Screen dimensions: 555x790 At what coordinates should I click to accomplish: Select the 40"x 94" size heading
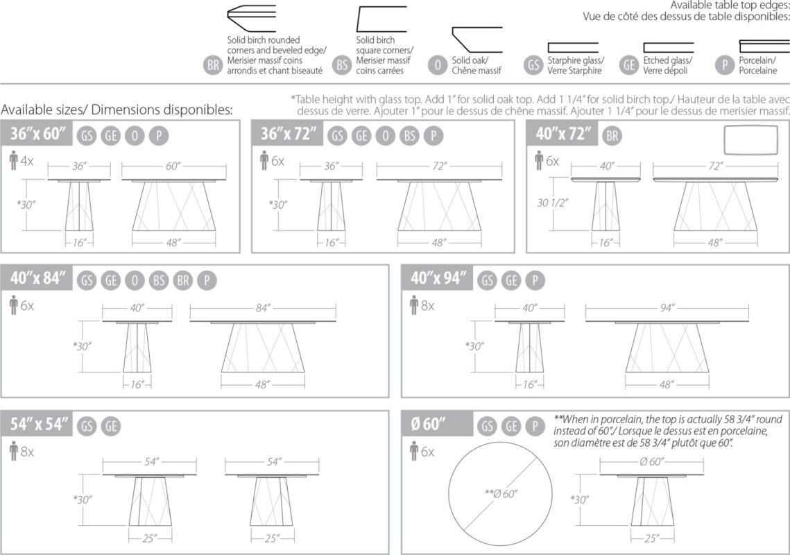[438, 280]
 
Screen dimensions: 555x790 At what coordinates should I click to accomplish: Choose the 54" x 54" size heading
[39, 425]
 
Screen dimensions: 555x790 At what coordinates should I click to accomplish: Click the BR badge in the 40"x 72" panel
[612, 136]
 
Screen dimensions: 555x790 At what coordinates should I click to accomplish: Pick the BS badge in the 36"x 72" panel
[409, 136]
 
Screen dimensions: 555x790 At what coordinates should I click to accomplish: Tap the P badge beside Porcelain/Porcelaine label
[725, 66]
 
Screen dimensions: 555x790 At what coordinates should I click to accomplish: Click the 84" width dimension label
[261, 309]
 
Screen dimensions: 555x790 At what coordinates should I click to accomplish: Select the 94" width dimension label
[667, 309]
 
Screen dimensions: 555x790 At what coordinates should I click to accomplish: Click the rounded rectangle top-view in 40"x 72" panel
[751, 140]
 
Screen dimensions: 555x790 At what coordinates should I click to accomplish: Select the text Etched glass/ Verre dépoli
[667, 66]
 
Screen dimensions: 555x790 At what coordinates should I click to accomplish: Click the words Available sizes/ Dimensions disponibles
[117, 110]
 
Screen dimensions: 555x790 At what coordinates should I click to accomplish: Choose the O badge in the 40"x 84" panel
[135, 280]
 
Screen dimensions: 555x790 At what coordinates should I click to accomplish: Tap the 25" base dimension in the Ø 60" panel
[651, 538]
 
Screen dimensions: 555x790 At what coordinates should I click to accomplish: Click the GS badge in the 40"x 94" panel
[488, 280]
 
